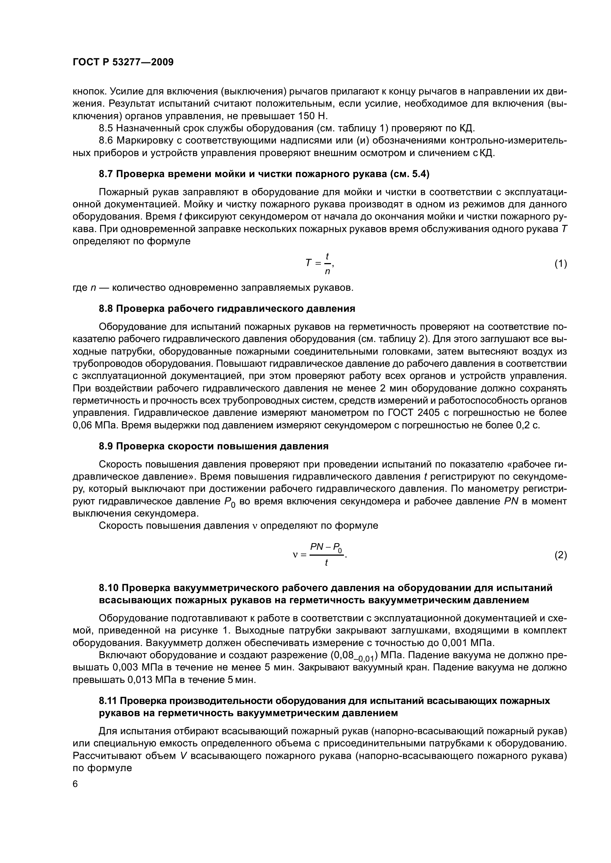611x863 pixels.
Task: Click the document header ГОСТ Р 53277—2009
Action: point(123,62)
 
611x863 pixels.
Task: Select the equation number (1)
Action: point(561,264)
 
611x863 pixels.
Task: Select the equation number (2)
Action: point(561,555)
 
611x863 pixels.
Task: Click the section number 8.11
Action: point(108,701)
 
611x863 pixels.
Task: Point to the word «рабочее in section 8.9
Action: point(532,465)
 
